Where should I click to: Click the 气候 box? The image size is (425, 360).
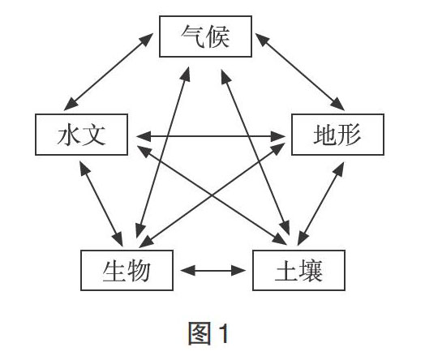click(x=205, y=36)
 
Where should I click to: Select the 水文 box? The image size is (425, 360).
click(x=81, y=135)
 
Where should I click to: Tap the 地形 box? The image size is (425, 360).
click(x=337, y=135)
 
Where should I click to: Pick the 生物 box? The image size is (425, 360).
click(x=127, y=270)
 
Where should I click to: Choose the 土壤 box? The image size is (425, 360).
click(x=298, y=270)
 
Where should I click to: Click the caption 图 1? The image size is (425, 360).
click(x=208, y=333)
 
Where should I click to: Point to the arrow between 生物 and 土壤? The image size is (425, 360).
click(x=213, y=270)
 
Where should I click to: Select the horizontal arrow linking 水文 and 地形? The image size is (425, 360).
click(x=211, y=136)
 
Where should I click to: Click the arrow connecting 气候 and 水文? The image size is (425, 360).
click(x=109, y=72)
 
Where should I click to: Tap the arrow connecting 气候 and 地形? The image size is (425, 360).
click(x=300, y=72)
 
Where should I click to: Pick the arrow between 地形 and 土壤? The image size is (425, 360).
click(x=321, y=204)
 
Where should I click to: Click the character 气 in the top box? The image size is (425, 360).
click(x=193, y=36)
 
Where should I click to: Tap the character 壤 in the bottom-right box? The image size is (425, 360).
click(x=311, y=270)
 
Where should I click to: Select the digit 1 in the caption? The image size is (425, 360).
click(x=224, y=333)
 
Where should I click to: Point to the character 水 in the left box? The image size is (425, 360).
click(x=69, y=135)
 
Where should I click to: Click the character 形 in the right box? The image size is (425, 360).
click(x=350, y=135)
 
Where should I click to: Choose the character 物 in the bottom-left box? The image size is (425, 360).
click(x=139, y=270)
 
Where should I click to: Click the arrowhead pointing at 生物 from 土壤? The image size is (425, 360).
click(x=187, y=270)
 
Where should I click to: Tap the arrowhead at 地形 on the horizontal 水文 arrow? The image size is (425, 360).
click(x=278, y=136)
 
